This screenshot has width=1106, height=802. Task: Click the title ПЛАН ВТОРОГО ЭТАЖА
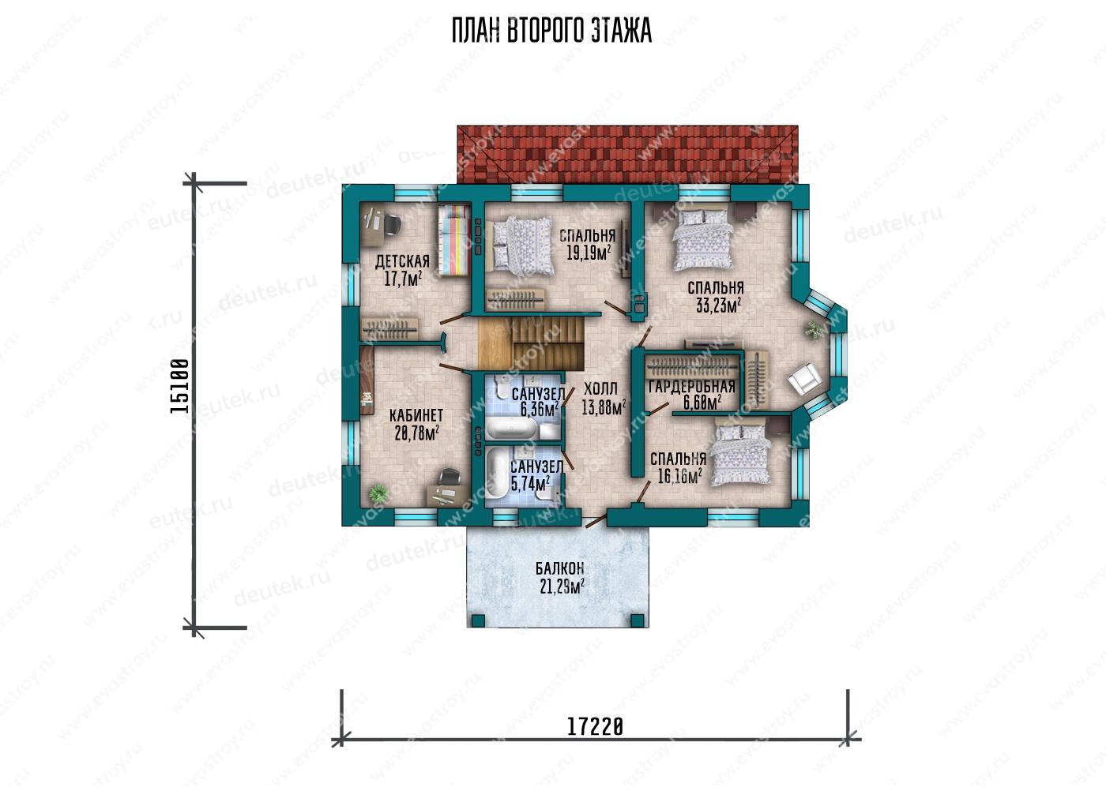551,31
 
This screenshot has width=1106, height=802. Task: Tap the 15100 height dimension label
179,386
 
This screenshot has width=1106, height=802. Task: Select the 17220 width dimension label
594,726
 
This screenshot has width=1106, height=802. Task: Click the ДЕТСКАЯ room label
402,260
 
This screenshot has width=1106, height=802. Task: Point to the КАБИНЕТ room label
416,414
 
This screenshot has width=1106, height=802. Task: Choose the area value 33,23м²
719,305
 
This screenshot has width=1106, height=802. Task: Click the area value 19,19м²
589,253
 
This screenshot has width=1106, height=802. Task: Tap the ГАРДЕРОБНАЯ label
692,387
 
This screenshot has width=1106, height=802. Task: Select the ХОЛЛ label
600,389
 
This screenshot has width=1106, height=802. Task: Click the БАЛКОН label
560,568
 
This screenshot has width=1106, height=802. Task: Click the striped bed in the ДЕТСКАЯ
453,239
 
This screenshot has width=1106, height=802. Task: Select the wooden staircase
530,343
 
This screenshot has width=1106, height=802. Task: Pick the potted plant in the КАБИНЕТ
378,493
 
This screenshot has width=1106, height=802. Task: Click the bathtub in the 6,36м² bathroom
512,428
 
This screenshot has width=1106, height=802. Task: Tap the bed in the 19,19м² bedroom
520,245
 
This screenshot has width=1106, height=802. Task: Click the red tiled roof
627,155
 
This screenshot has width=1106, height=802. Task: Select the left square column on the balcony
478,620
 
